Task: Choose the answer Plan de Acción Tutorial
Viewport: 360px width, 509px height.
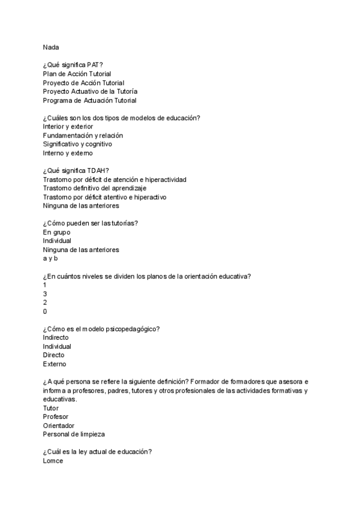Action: click(x=77, y=74)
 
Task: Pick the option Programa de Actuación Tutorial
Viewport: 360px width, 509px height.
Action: click(x=89, y=100)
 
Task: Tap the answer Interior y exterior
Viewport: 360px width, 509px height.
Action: click(x=68, y=127)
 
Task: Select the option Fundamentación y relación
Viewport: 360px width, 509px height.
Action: click(x=83, y=136)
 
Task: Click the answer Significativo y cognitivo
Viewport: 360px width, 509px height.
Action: click(x=77, y=144)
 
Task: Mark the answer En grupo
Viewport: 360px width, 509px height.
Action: click(x=56, y=232)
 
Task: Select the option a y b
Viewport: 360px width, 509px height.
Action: click(x=50, y=258)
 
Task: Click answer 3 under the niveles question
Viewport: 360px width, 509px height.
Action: click(x=45, y=294)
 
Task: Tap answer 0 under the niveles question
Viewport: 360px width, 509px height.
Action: click(x=45, y=312)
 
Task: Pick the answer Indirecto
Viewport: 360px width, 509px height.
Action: click(x=56, y=337)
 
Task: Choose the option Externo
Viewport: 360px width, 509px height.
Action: click(x=55, y=364)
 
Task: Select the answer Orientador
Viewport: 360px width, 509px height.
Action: click(x=59, y=425)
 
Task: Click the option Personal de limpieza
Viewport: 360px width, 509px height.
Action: click(x=73, y=434)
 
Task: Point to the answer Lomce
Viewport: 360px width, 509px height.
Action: click(x=53, y=460)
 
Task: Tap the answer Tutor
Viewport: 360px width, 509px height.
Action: click(x=52, y=408)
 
